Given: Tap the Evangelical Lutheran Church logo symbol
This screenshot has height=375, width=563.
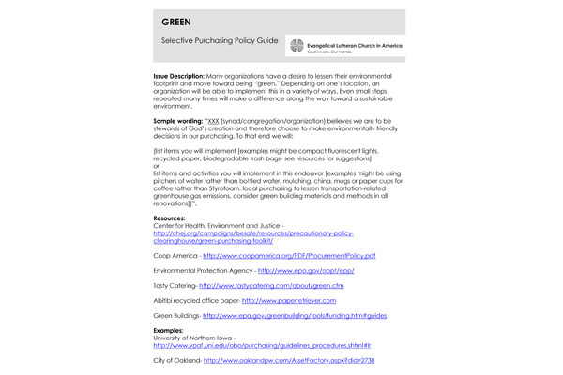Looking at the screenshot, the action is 297,45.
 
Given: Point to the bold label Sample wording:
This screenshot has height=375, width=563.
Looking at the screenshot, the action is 177,122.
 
